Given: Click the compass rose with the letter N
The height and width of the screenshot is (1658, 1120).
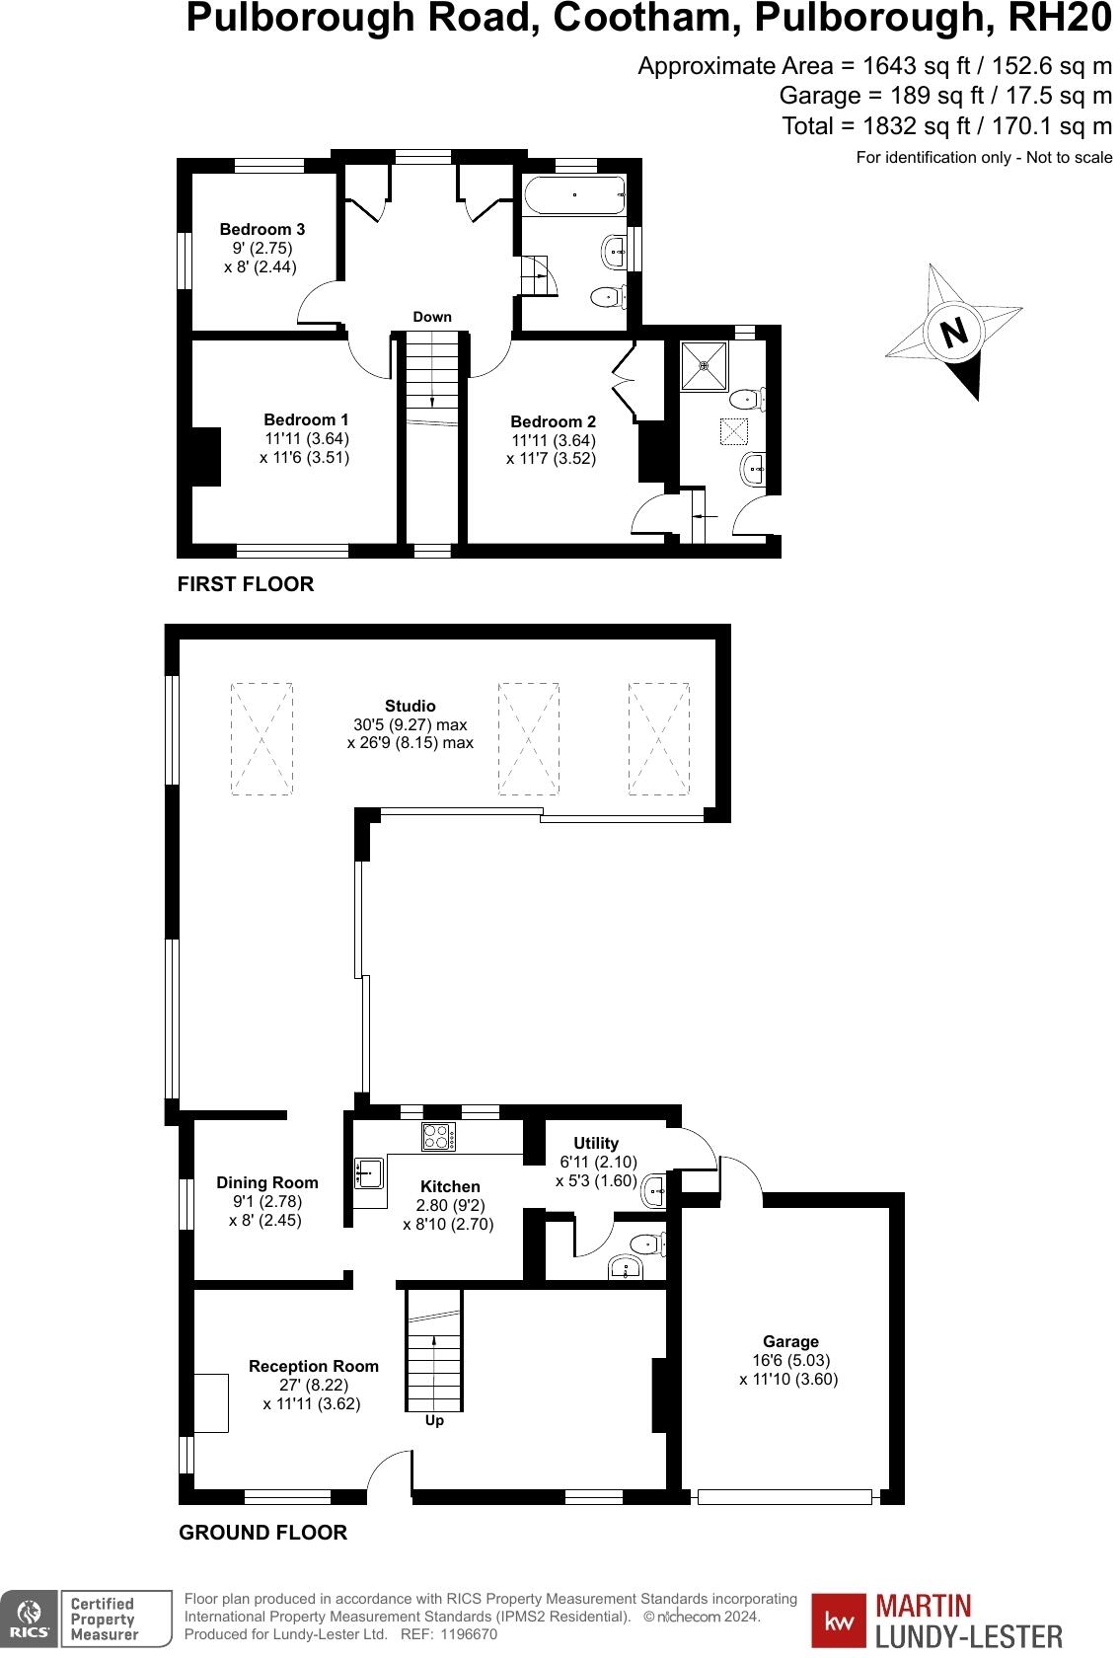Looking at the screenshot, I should [x=953, y=332].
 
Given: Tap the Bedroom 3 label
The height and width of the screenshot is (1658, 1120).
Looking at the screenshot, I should [x=261, y=230].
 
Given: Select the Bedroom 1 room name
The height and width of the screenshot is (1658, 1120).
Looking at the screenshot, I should [x=306, y=420].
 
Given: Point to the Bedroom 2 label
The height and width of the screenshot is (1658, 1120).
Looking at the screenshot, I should [x=553, y=422].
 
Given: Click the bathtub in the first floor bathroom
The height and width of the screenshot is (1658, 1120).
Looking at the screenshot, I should [x=573, y=195].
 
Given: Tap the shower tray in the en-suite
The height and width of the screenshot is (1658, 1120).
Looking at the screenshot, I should [x=705, y=365].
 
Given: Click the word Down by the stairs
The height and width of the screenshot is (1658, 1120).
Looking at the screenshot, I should [x=432, y=317].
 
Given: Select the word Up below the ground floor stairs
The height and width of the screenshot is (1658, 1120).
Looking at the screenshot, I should [x=434, y=1420].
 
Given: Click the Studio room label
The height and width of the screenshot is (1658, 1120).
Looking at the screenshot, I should [x=411, y=706].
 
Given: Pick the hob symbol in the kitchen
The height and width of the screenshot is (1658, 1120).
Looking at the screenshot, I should [x=439, y=1137].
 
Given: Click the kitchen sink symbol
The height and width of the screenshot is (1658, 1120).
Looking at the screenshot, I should [x=369, y=1173].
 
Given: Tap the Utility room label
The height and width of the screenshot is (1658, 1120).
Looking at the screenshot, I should [x=596, y=1143].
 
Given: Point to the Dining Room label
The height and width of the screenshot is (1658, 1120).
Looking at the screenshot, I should [x=267, y=1182].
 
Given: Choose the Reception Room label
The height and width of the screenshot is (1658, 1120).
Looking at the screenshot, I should [x=314, y=1366].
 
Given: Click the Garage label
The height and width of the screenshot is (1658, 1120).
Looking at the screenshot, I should [x=790, y=1341].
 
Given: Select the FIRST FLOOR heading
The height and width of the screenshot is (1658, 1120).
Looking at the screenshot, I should [x=246, y=584].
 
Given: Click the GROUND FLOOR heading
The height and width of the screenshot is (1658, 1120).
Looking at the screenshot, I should [x=262, y=1533].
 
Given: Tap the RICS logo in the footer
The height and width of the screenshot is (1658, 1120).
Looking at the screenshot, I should [x=30, y=1619].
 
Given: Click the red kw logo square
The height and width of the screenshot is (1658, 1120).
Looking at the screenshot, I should [x=839, y=1621].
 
